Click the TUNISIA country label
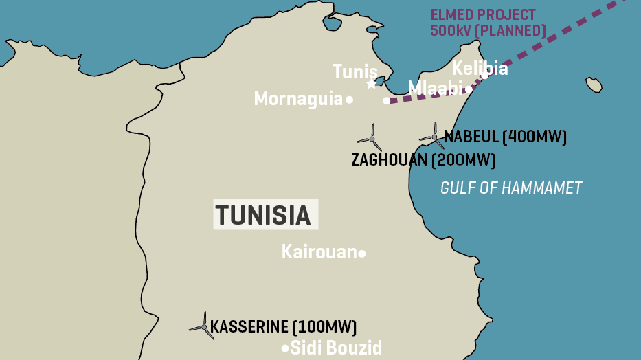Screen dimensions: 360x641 tap(265, 215)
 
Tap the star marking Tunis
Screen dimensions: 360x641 tap(372, 84)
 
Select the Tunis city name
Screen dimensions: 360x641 tap(355, 71)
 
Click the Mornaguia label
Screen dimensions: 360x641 tap(298, 99)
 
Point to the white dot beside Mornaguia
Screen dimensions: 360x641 tap(349, 100)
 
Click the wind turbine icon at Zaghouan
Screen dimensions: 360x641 tap(371, 139)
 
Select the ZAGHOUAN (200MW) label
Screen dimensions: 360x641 tap(423, 160)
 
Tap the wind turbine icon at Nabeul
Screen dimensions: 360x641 tap(434, 136)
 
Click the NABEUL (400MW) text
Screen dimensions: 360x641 tap(505, 137)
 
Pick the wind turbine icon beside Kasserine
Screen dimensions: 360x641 tap(203, 327)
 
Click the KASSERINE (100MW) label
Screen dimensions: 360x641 tap(283, 327)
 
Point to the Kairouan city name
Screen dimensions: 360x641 tap(319, 252)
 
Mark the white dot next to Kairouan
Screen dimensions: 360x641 tap(362, 254)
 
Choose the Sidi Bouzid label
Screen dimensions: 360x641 tap(336, 348)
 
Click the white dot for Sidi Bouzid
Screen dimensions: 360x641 tap(285, 348)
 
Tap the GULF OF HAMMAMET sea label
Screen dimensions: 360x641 tap(511, 188)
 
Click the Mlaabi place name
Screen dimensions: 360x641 tap(436, 88)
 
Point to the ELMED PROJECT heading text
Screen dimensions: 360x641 tap(483, 15)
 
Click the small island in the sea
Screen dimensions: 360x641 tap(594, 85)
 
